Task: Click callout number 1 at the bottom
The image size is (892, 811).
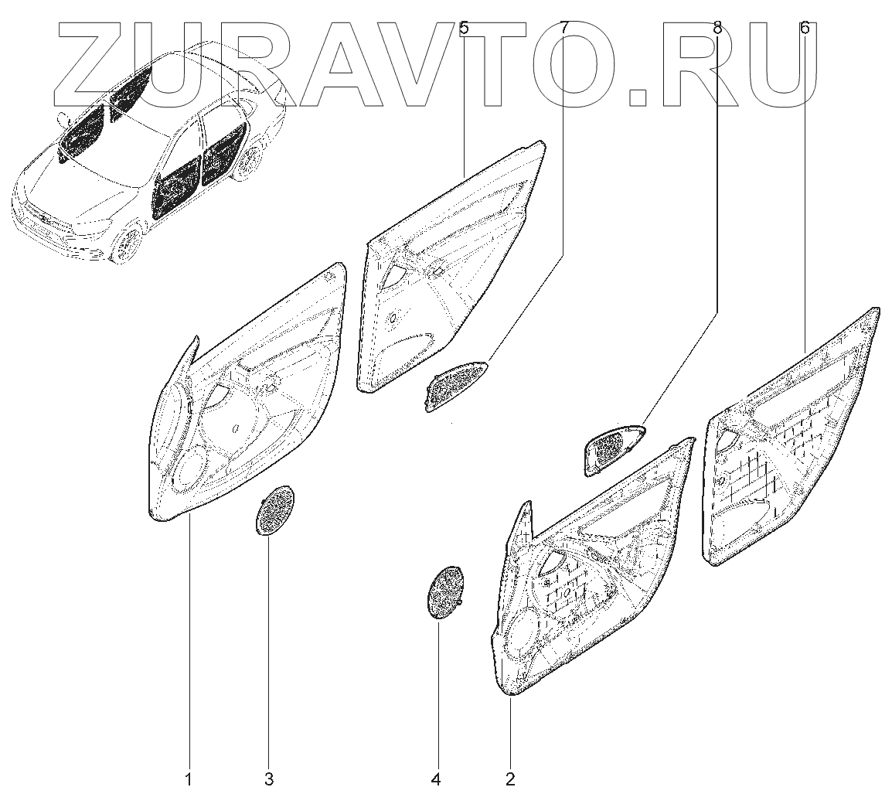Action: click(188, 779)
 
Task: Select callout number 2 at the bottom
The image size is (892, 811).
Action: click(510, 779)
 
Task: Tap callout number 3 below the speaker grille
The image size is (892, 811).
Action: click(269, 779)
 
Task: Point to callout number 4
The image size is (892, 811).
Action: click(436, 779)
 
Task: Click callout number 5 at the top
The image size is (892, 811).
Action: click(464, 29)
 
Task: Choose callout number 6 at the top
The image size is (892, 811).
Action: click(805, 29)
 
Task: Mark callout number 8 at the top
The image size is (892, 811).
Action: click(717, 29)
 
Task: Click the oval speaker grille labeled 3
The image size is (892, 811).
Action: click(274, 509)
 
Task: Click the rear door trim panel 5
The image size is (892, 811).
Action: click(448, 278)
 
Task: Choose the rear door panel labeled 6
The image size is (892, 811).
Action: click(788, 448)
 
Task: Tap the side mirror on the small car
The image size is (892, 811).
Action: click(62, 120)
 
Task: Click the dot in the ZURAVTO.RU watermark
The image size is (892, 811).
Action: click(639, 97)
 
